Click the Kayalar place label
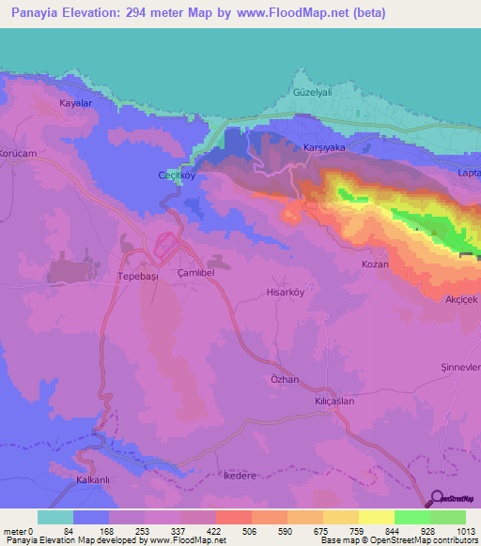tap(76, 103)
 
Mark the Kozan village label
tap(376, 265)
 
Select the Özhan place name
tap(284, 380)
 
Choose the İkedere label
tap(240, 476)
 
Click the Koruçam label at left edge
tap(17, 153)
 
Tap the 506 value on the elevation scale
tap(224, 531)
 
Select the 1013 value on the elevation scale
tap(464, 531)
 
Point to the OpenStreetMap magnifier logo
tap(436, 499)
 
